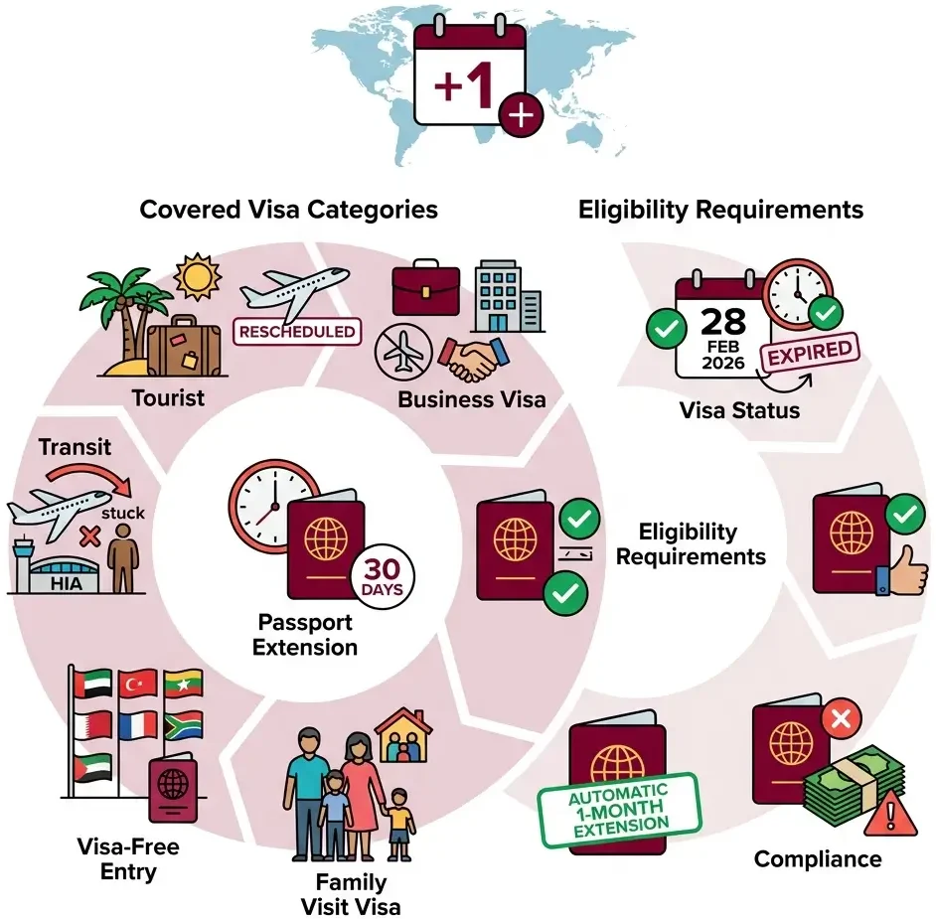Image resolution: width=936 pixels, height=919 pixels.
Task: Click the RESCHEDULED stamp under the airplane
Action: click(297, 332)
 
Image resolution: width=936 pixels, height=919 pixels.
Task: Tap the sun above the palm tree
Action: click(198, 277)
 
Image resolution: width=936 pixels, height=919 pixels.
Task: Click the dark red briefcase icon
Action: click(425, 288)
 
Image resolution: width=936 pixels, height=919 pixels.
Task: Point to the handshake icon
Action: click(474, 358)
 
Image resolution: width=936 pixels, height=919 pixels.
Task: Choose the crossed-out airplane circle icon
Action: click(403, 352)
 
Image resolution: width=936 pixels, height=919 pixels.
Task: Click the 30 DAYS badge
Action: click(383, 576)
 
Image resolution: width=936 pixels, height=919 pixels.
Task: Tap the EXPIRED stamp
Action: click(810, 352)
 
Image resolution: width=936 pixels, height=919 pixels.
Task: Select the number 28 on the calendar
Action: click(723, 321)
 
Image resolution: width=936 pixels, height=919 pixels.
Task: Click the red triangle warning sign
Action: click(890, 814)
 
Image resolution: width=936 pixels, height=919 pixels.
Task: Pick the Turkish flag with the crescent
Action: click(138, 684)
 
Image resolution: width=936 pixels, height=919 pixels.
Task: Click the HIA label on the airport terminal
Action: click(66, 583)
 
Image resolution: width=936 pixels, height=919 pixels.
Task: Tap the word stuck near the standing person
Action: click(123, 513)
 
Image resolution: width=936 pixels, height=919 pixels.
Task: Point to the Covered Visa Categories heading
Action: click(289, 210)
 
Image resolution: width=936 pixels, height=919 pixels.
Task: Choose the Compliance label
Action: click(818, 860)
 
